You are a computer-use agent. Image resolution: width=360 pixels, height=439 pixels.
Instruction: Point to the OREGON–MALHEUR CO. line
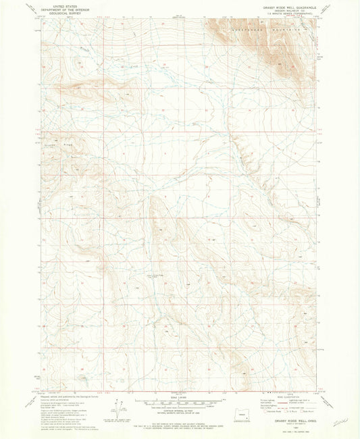point(286,10)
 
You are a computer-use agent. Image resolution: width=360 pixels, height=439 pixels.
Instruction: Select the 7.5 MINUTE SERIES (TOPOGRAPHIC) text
point(286,14)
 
